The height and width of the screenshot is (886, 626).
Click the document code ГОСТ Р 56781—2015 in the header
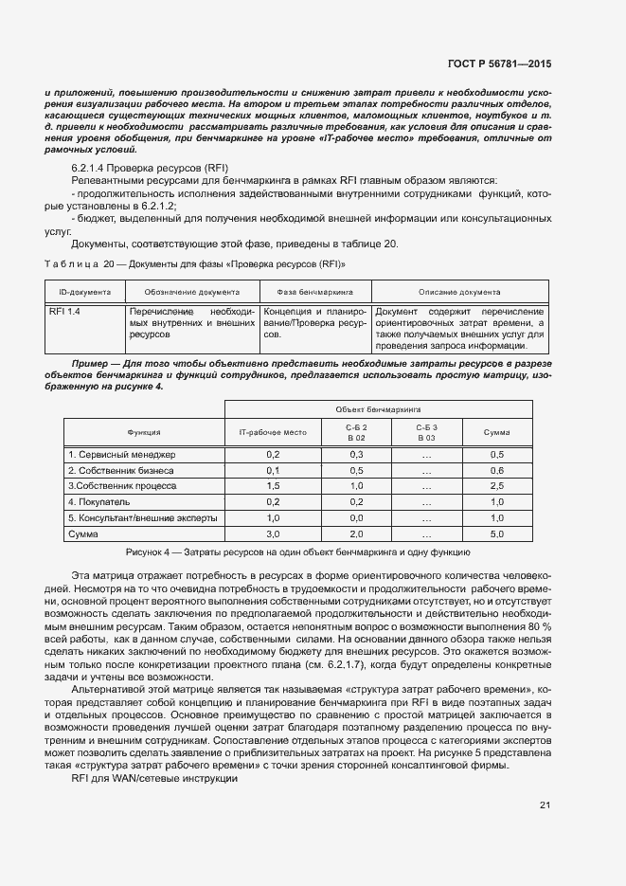[x=499, y=63]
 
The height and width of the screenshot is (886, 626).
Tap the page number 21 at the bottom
[x=545, y=806]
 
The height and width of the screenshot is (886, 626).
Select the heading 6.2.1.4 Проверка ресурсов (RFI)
[x=145, y=167]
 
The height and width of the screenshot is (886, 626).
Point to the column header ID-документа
[x=84, y=293]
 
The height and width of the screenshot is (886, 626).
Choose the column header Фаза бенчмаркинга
[x=313, y=293]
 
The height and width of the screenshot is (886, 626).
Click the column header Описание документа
[x=459, y=293]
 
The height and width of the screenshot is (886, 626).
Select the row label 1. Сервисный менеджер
[x=121, y=455]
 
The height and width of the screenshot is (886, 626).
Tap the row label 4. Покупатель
[x=99, y=501]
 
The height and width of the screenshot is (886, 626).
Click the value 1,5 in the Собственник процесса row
[x=272, y=486]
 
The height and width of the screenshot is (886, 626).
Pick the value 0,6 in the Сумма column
[x=496, y=471]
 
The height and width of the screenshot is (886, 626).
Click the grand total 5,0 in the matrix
[x=496, y=534]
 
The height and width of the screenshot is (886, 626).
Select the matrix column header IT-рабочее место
[x=272, y=432]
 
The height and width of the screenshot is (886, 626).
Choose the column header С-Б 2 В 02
[x=356, y=432]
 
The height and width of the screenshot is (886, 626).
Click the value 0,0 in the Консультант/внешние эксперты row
[x=356, y=518]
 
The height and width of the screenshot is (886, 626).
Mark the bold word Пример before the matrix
[x=93, y=364]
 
